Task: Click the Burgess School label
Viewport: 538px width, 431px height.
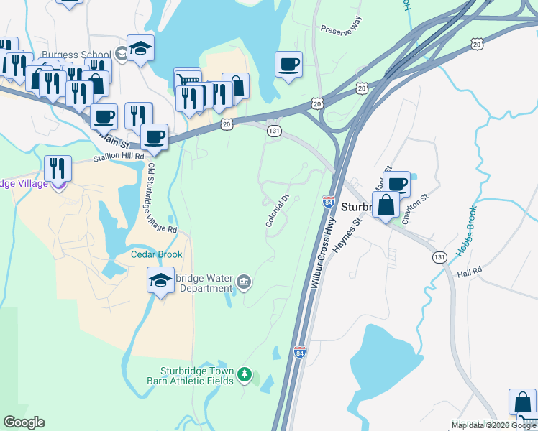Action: [76, 55]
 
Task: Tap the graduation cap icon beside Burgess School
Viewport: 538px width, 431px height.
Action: [140, 49]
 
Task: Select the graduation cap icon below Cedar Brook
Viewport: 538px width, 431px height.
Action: [161, 280]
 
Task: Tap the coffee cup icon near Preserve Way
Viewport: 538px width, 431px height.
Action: [289, 65]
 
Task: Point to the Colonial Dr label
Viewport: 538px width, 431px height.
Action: [277, 211]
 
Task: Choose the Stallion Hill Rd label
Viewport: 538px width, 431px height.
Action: [119, 157]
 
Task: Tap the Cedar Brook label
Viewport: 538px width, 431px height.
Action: [156, 254]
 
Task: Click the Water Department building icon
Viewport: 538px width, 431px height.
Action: [244, 281]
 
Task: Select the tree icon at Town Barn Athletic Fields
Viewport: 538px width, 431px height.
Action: [245, 374]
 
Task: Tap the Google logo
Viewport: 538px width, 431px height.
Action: [24, 422]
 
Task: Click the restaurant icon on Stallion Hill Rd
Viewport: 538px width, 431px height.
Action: [56, 169]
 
